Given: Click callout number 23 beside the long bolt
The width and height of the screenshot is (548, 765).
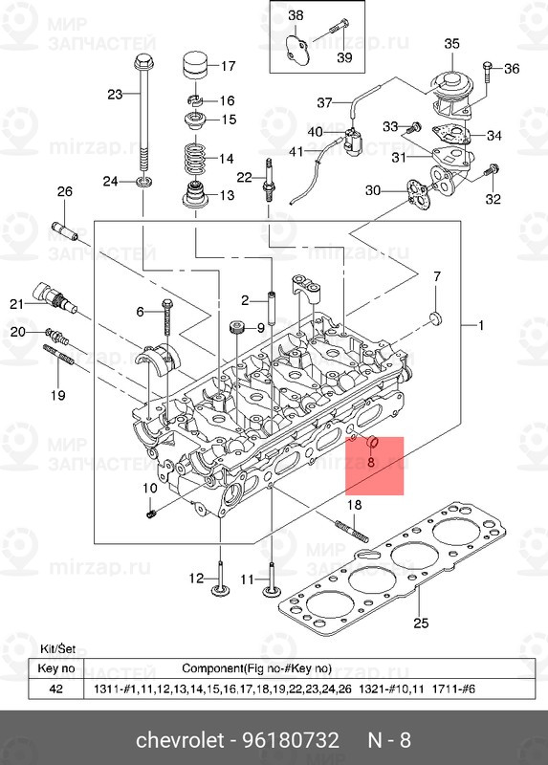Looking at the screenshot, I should [x=115, y=95].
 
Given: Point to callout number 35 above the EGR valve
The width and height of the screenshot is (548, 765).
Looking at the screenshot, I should [x=451, y=43].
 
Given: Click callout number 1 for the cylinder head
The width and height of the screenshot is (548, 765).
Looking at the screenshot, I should [x=480, y=326].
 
